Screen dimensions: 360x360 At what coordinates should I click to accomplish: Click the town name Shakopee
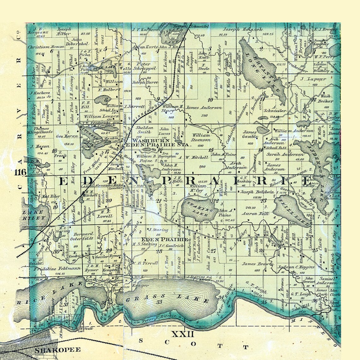(x=58, y=350)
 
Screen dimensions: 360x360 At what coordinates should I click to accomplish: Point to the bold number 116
(x=20, y=172)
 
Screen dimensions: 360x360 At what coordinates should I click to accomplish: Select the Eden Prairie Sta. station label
(x=157, y=145)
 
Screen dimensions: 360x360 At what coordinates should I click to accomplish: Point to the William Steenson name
(x=201, y=137)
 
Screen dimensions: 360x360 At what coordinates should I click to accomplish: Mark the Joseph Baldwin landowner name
(x=253, y=192)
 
